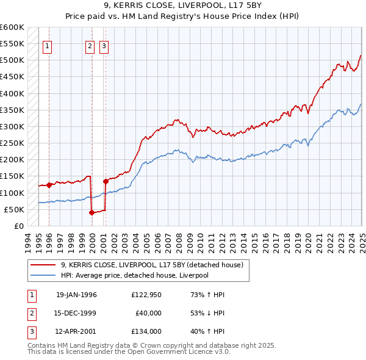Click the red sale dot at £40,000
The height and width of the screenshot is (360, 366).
(91, 212)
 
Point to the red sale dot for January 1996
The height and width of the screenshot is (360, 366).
(49, 185)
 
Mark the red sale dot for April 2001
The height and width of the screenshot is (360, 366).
(106, 181)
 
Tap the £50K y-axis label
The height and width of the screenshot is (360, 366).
(14, 209)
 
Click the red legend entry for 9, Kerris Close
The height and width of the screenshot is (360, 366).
(152, 265)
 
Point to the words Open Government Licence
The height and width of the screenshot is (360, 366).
(171, 352)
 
